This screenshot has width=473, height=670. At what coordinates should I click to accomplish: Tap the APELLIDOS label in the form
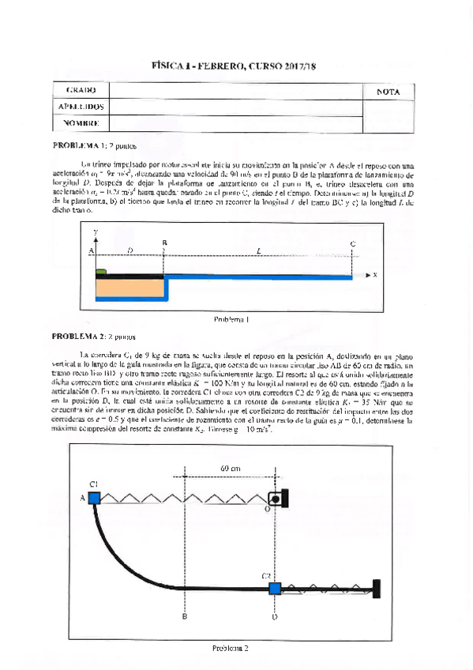(x=81, y=107)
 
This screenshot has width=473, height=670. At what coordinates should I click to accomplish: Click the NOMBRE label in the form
(x=81, y=122)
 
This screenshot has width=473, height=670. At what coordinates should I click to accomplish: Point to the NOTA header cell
(x=389, y=92)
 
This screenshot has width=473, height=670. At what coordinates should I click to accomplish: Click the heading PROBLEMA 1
(x=77, y=145)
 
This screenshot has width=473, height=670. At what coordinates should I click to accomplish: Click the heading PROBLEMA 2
(x=77, y=336)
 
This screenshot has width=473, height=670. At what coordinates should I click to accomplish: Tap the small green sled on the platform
(x=101, y=272)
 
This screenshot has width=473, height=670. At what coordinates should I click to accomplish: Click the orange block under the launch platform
(x=130, y=289)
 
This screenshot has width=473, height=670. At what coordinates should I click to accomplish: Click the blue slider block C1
(x=94, y=497)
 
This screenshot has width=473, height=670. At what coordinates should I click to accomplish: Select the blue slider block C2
(x=274, y=588)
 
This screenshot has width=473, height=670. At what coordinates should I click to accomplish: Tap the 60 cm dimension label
(x=231, y=468)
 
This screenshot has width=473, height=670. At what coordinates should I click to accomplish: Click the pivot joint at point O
(x=275, y=498)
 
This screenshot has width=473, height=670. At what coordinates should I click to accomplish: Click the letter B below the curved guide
(x=184, y=617)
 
